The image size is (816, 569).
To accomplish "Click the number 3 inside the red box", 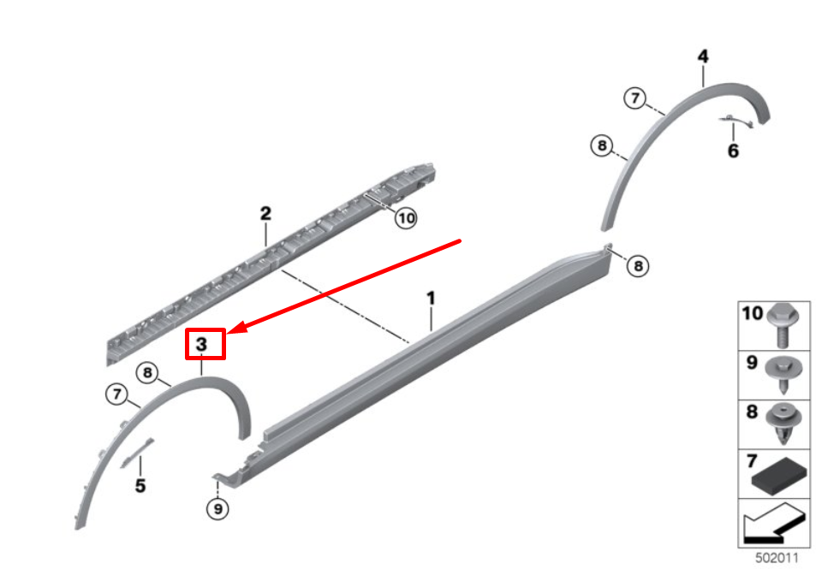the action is coord(201,344).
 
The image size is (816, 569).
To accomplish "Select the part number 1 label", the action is coord(431,298).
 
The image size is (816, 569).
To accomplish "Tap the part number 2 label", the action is coord(265,213).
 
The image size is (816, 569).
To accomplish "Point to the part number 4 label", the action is coord(703,56).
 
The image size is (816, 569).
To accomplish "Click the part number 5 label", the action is coord(140,486).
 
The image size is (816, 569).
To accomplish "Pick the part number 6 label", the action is coord(733,151).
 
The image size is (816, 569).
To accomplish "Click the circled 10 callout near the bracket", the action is coord(406,218).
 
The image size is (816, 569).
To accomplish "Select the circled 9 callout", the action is coord(217,508).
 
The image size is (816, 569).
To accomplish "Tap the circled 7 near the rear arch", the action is coord(634,98).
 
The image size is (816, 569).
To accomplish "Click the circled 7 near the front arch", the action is coord(116,394).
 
